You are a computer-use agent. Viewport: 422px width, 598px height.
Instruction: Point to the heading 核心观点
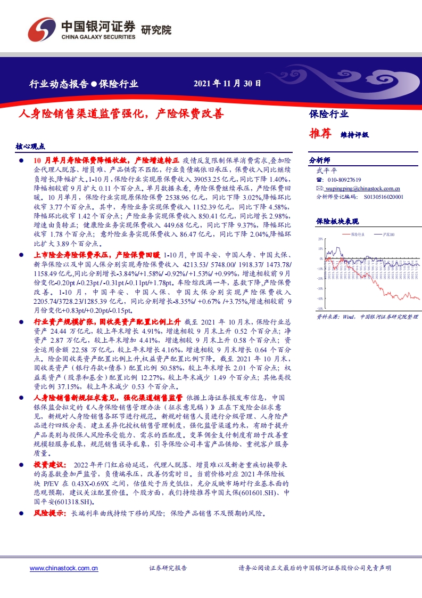(30, 146)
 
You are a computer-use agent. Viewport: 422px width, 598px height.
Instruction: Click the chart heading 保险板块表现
(337, 221)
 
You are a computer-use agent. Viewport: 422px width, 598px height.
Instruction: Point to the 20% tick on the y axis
(320, 240)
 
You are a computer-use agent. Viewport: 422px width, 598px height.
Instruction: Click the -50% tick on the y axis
(319, 308)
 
